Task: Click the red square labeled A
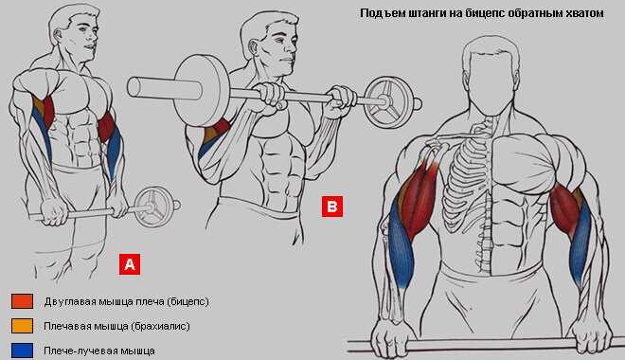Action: pos(130,264)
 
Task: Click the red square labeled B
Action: pos(332,207)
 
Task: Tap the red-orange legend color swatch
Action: pos(23,301)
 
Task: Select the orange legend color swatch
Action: pos(23,326)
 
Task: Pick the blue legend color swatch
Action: pos(23,351)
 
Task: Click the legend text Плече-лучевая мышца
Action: pos(99,351)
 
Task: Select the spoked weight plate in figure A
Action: pos(153,207)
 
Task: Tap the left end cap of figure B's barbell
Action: pos(134,86)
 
